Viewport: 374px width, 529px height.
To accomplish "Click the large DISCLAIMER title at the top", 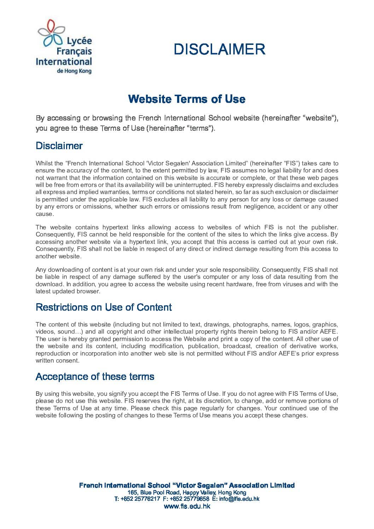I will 219,49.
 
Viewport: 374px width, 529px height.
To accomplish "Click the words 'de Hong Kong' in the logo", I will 74,71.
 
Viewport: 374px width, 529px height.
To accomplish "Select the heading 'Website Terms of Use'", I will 187,99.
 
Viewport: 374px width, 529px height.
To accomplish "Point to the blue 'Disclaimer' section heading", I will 59,146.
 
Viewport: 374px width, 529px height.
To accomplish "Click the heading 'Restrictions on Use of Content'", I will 104,307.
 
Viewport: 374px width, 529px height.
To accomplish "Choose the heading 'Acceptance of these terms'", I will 95,377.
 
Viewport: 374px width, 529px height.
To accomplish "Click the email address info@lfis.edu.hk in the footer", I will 239,499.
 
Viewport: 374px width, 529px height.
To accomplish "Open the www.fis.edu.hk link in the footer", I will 187,506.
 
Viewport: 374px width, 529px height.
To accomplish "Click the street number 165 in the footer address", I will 132,493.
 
